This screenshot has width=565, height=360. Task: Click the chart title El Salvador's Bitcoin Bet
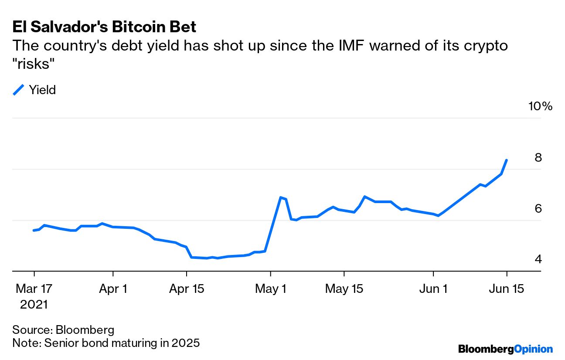click(x=105, y=27)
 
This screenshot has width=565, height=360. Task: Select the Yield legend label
click(x=42, y=90)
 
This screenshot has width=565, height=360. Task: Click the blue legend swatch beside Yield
click(x=19, y=90)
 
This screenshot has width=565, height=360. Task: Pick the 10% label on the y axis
click(x=540, y=106)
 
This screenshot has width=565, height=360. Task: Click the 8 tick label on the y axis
click(x=538, y=157)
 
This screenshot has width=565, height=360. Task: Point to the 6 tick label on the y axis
click(x=538, y=208)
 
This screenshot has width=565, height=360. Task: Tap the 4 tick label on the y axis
click(x=538, y=259)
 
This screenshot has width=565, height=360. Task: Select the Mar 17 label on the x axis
click(x=34, y=289)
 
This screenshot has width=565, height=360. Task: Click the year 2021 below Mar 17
click(x=34, y=304)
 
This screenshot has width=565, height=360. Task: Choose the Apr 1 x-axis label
click(x=113, y=289)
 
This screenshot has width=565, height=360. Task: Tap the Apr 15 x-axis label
click(x=186, y=289)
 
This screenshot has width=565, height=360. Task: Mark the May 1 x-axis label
click(x=271, y=289)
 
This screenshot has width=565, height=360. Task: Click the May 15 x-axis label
click(x=344, y=289)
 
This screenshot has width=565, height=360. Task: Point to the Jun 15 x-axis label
click(x=507, y=289)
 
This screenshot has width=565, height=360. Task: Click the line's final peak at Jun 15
click(x=507, y=160)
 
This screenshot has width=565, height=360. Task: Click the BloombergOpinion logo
click(x=505, y=349)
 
